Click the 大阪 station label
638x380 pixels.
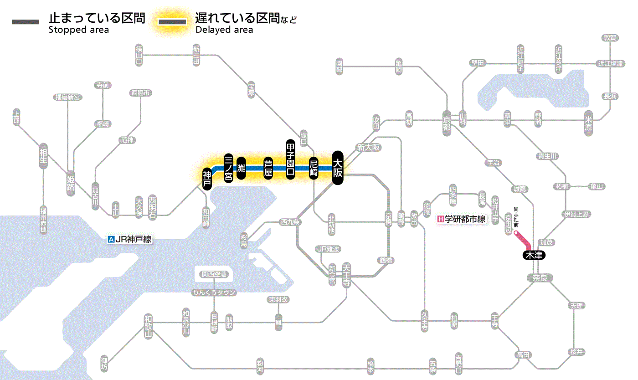coord(337,168)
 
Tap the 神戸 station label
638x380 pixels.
coord(207,179)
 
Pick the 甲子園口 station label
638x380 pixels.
coord(290,159)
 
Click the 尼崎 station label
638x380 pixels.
coord(314,168)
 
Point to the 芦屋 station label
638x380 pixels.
coord(268,168)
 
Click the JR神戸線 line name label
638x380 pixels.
coord(133,239)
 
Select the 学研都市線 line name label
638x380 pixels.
coord(465,219)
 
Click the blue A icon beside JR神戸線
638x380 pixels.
coord(111,239)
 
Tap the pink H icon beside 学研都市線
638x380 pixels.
coord(440,219)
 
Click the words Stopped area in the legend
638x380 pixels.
coord(78,30)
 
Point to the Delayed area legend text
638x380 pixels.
coord(224,30)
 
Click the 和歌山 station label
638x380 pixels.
coord(148,325)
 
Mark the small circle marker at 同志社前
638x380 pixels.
coord(516,233)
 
